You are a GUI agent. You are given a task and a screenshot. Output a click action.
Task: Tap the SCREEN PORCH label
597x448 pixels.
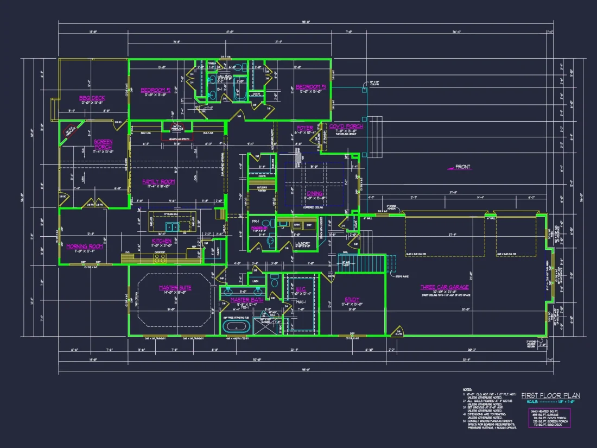pyautogui.click(x=103, y=144)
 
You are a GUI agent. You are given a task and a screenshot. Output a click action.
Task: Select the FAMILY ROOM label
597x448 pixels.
pyautogui.click(x=158, y=181)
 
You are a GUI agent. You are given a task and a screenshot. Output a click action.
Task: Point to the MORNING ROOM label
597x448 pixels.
pyautogui.click(x=85, y=246)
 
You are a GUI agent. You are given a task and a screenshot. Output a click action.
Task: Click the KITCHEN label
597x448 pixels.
pyautogui.click(x=161, y=241)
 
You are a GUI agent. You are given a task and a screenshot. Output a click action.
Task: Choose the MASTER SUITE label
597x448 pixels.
pyautogui.click(x=175, y=288)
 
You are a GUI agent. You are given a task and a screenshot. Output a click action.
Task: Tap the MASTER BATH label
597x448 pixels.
pyautogui.click(x=246, y=300)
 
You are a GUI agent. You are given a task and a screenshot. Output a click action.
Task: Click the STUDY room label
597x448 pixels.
pyautogui.click(x=352, y=299)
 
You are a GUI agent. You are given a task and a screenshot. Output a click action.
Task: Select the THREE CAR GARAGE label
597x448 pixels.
pyautogui.click(x=444, y=287)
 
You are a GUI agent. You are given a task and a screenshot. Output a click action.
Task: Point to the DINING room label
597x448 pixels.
pyautogui.click(x=315, y=193)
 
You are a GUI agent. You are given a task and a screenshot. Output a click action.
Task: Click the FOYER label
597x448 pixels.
pyautogui.click(x=304, y=128)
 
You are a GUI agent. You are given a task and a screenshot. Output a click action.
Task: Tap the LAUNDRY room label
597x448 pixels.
pyautogui.click(x=302, y=244)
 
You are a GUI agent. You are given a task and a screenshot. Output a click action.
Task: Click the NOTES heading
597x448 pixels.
pyautogui.click(x=467, y=389)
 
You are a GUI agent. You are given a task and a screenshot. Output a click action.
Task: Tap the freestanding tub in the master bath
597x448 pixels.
pyautogui.click(x=236, y=327)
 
